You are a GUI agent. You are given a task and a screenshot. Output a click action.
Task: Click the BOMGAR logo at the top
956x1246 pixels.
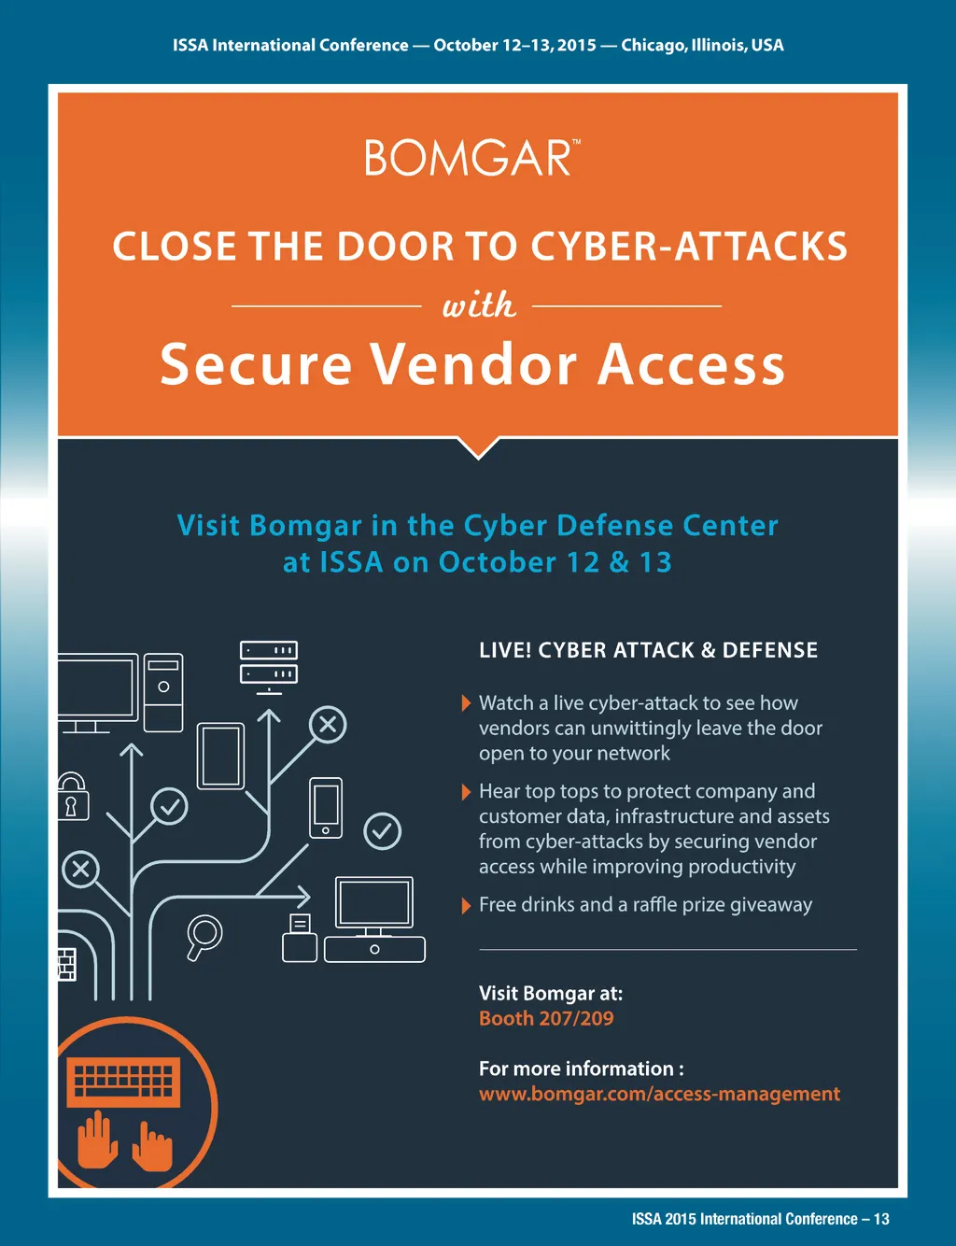point(471,158)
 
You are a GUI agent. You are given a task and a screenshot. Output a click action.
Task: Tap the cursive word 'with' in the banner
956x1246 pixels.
point(478,305)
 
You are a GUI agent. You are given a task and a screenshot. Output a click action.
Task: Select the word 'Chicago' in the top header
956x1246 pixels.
point(652,45)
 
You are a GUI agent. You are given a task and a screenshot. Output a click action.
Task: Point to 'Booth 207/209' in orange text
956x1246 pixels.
point(546,1018)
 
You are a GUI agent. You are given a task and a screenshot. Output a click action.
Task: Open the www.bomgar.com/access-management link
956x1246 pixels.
point(659,1094)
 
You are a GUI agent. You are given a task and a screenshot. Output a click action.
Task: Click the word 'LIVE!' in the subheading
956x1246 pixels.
point(505,650)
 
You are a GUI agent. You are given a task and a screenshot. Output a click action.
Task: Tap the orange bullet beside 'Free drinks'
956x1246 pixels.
point(466,905)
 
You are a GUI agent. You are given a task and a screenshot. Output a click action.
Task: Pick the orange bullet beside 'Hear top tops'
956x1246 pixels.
point(466,792)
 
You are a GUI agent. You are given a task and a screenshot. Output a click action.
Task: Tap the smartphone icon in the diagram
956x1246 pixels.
point(326,807)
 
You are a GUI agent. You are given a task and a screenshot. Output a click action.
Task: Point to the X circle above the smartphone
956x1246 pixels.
point(328,724)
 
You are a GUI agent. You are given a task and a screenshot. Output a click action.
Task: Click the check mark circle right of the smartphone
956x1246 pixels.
point(382,830)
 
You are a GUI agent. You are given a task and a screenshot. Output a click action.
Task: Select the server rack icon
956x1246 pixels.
point(269,662)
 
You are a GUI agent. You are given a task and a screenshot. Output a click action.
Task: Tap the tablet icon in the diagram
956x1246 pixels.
point(221,756)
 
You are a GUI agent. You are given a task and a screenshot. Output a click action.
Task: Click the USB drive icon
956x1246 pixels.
point(300,939)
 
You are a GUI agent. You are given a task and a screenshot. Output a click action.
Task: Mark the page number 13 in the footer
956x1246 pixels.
point(881,1219)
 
